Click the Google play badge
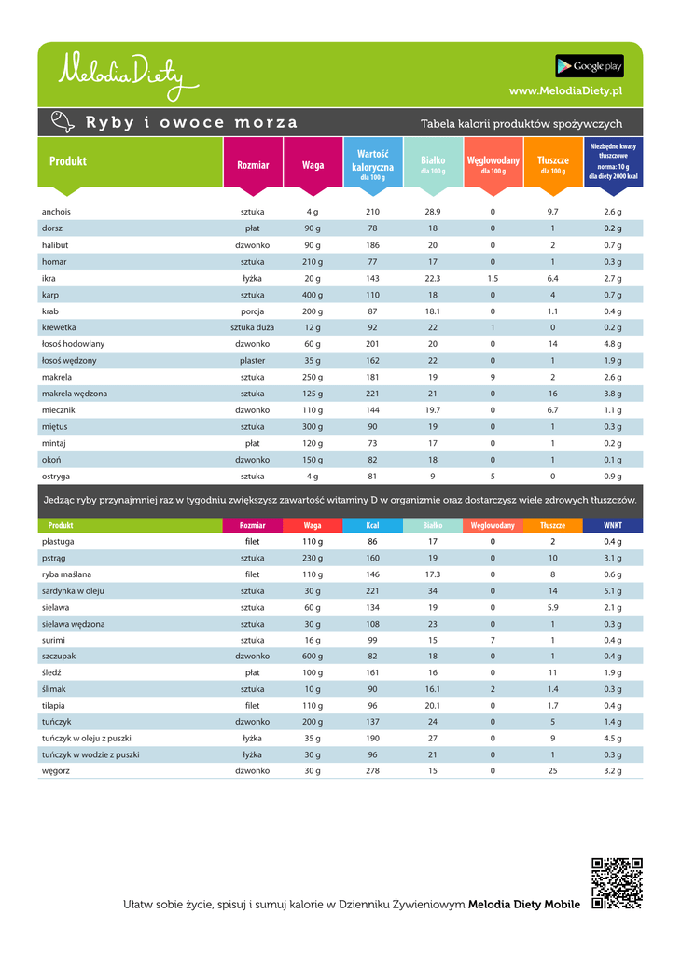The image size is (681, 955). (x=590, y=66)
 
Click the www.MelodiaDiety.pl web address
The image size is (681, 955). (x=566, y=90)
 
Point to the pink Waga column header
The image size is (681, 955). (x=313, y=165)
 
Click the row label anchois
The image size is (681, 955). (x=56, y=212)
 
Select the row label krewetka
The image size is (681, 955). (x=59, y=327)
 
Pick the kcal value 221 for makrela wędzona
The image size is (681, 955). (x=372, y=394)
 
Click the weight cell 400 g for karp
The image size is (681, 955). (x=313, y=295)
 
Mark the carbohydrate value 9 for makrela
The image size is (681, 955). (x=493, y=377)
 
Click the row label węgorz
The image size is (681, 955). (x=56, y=771)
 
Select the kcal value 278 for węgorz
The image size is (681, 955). (x=372, y=771)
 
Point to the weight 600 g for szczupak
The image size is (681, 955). (x=313, y=657)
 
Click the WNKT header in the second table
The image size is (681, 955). (x=613, y=525)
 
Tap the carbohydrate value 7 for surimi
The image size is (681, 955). (x=493, y=640)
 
